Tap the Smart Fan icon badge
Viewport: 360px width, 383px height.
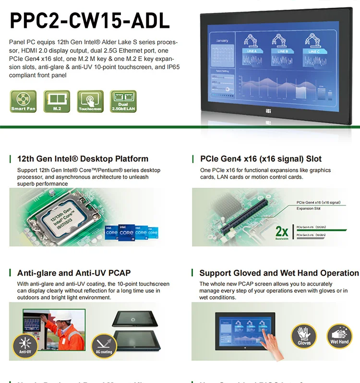tap(24, 101)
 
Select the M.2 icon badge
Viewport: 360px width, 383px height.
tap(57, 101)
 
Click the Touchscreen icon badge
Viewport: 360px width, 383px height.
tap(90, 101)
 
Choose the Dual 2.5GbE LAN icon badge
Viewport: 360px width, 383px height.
tap(123, 101)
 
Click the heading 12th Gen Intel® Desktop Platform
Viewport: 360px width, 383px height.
tap(83, 159)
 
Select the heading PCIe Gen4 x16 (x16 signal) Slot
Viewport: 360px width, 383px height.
tap(261, 159)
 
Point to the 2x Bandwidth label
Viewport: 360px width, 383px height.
tap(282, 232)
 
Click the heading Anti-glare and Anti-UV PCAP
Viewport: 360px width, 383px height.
tap(74, 273)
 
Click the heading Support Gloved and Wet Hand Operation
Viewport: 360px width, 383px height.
tap(279, 273)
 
